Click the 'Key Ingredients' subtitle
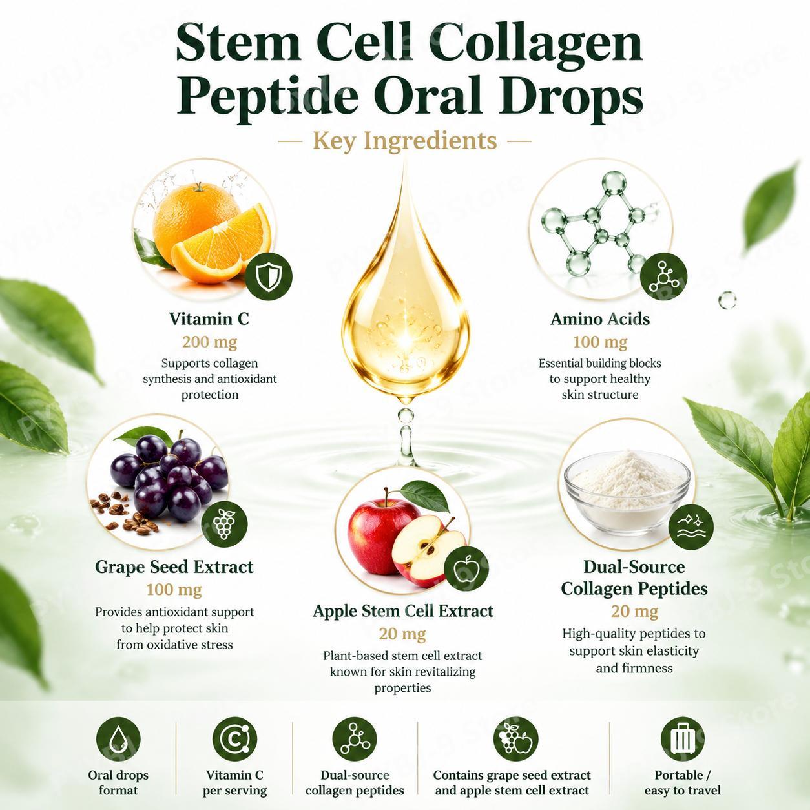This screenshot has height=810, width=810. pyautogui.click(x=405, y=141)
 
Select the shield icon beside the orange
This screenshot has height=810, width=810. pyautogui.click(x=268, y=277)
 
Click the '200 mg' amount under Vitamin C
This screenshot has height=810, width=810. pyautogui.click(x=209, y=342)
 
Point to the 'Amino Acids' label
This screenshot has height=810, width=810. pyautogui.click(x=600, y=318)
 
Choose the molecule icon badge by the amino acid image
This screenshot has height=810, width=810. pyautogui.click(x=663, y=276)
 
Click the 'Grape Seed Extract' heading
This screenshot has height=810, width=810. pyautogui.click(x=174, y=566)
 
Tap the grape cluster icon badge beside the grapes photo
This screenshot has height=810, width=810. pyautogui.click(x=225, y=524)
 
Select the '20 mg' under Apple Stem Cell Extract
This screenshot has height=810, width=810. pyautogui.click(x=402, y=634)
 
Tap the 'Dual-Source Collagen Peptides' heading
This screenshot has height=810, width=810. pyautogui.click(x=634, y=577)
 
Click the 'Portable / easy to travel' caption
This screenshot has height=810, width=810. pyautogui.click(x=682, y=782)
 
